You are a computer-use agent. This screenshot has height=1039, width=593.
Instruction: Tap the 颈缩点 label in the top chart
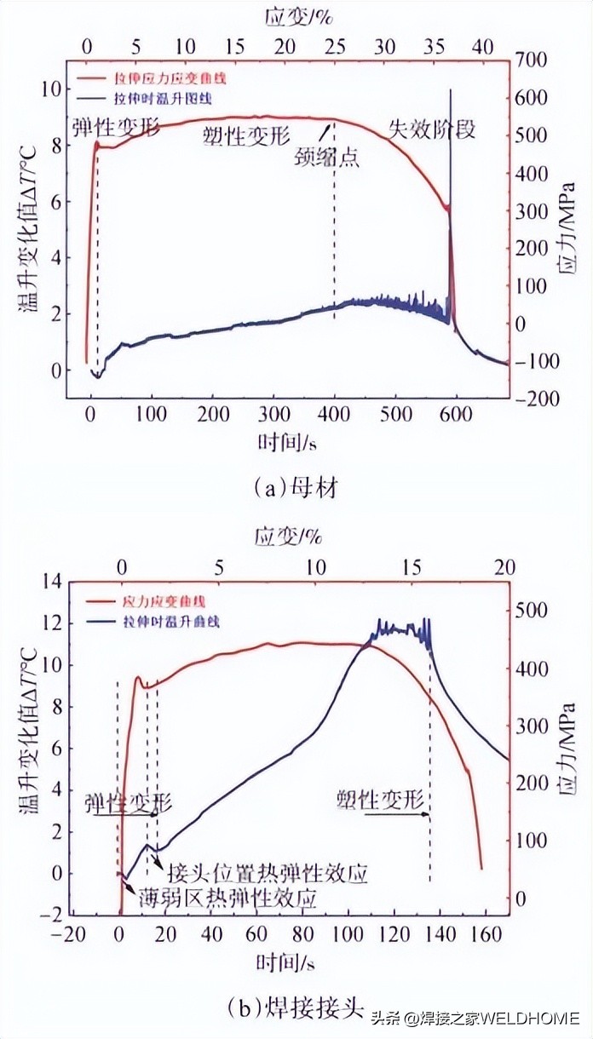point(326,157)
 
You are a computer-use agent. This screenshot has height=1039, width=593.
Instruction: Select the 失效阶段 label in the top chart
point(431,129)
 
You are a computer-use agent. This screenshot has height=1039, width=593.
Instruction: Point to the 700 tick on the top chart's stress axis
point(535,60)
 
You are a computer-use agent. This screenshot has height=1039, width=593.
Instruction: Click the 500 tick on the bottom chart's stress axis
point(532,610)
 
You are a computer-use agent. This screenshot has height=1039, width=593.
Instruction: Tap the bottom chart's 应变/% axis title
point(288,537)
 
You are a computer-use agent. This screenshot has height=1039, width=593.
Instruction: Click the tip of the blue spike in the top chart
point(450,89)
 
